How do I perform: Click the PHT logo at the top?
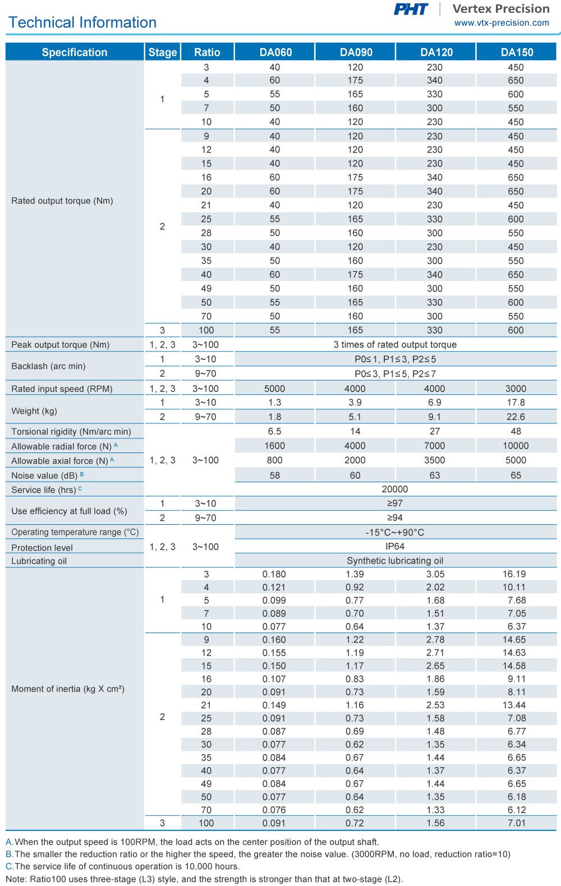coord(411,9)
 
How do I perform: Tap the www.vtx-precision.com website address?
coord(502,23)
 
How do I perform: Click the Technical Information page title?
coord(82,22)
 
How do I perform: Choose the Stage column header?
coord(163,52)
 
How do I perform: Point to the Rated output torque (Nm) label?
coord(62,201)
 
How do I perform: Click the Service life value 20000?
coord(395,490)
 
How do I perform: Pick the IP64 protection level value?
coord(395,546)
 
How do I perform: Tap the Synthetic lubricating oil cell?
coord(395,561)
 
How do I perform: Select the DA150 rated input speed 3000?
coord(516,389)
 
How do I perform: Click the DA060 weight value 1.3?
coord(274,403)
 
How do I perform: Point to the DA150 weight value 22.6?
coord(516,417)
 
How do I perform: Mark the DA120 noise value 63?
coord(435,476)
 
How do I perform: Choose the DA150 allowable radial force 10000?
coord(516,446)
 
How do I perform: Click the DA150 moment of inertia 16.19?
coord(514,574)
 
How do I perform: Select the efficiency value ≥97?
coord(395,503)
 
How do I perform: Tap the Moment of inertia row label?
coord(68,689)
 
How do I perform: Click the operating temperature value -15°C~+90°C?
coord(395,532)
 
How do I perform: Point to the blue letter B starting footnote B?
coord(9,854)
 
